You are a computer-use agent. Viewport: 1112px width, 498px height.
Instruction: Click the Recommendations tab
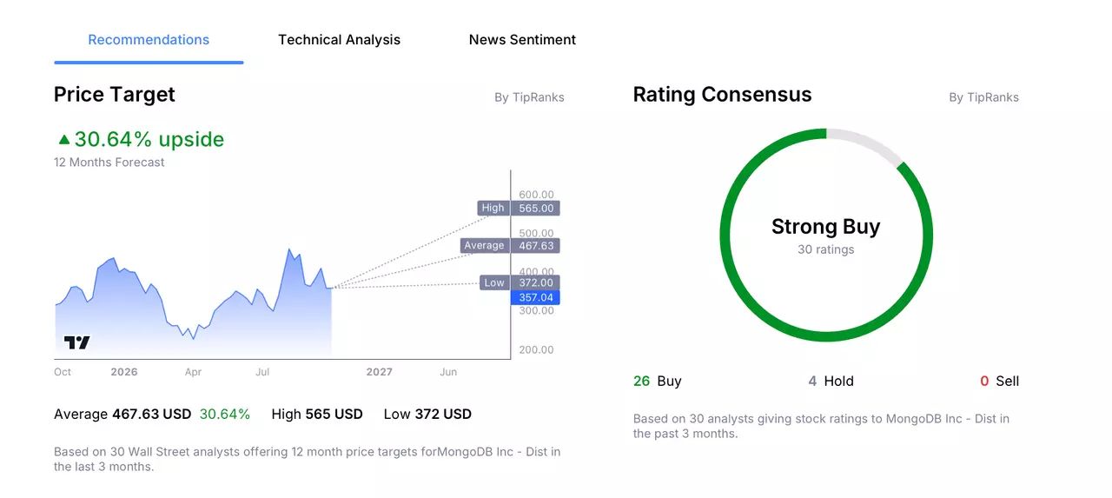tap(149, 40)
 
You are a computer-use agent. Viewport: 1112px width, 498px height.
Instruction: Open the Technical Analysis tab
tap(339, 40)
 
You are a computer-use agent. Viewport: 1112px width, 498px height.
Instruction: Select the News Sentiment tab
tap(522, 40)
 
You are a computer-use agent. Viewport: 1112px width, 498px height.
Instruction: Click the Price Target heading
tap(114, 95)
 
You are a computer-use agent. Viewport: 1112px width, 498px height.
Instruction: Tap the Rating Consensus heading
tap(722, 95)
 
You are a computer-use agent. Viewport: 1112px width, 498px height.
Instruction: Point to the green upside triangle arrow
tap(64, 140)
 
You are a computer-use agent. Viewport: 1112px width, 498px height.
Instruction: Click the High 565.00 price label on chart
tap(519, 208)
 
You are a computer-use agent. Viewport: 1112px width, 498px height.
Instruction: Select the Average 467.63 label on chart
tap(510, 246)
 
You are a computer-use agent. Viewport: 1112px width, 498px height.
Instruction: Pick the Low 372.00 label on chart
tap(520, 282)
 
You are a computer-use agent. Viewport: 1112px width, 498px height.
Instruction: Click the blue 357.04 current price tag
tap(535, 297)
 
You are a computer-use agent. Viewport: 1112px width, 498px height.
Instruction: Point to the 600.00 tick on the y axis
tap(536, 194)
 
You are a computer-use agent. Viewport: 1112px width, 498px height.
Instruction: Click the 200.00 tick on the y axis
tap(536, 349)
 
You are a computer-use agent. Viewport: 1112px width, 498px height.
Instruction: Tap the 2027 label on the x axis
tap(380, 372)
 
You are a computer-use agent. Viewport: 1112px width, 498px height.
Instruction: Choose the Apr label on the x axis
tap(193, 372)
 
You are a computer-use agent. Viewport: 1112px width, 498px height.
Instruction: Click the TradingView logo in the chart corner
tap(77, 342)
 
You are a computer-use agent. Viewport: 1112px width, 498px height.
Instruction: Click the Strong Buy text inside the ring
tap(826, 227)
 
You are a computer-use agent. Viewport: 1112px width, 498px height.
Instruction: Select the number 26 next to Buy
tap(641, 381)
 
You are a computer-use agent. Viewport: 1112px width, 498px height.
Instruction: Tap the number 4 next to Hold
tap(812, 381)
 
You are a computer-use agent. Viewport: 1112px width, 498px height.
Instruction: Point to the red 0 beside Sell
tap(984, 381)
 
